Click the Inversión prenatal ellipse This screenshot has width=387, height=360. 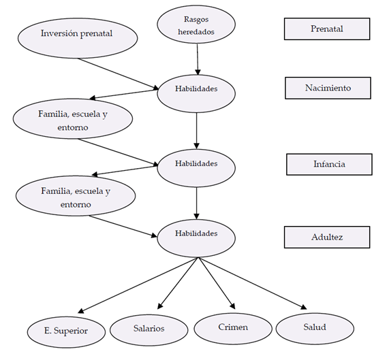78,38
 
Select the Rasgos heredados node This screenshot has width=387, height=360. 196,24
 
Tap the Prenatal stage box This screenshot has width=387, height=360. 327,29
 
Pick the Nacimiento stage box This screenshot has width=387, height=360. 328,88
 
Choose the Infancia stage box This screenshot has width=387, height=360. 329,165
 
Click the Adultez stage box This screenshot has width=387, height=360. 327,238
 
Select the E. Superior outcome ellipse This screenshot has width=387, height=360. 66,332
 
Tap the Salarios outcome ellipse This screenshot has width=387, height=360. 149,329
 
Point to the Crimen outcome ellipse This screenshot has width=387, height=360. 233,329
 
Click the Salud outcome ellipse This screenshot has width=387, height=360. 315,329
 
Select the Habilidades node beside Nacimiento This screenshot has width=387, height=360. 196,94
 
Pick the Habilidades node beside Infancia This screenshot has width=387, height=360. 196,168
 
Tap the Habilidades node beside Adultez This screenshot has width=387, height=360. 196,238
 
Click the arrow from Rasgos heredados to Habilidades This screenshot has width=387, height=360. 198,59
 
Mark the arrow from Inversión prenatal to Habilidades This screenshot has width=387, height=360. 119,74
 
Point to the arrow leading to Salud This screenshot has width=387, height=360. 252,283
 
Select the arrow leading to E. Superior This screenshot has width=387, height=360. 138,285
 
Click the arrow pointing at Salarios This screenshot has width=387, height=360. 178,283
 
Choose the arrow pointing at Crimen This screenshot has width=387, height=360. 217,283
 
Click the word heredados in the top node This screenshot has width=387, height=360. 196,32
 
